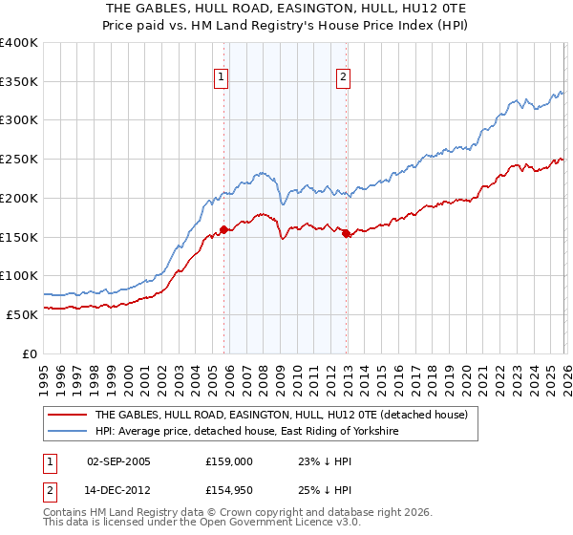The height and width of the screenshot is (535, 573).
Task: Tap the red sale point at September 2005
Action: [x=223, y=229]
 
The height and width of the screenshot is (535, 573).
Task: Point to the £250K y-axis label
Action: [x=19, y=160]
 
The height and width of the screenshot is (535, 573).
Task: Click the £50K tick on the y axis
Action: [x=23, y=314]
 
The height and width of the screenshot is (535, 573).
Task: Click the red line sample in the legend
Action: [x=68, y=416]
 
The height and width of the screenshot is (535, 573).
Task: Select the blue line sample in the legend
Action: [x=68, y=432]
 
